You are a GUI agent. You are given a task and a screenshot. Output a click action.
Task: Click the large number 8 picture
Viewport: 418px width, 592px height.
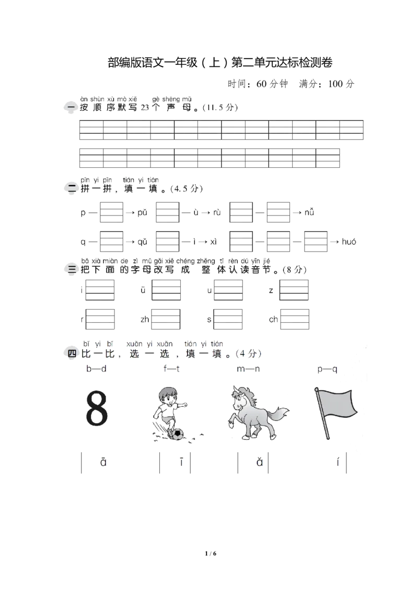(97, 408)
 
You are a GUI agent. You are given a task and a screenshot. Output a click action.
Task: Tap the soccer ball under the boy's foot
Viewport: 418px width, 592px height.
(177, 434)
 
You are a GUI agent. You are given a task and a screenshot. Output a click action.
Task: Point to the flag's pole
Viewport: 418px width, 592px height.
(322, 414)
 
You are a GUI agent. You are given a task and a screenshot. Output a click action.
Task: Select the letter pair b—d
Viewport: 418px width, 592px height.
(96, 369)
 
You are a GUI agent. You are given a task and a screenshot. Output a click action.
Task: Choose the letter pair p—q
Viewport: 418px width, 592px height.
(327, 369)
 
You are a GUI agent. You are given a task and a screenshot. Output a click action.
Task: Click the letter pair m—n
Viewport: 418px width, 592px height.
(248, 369)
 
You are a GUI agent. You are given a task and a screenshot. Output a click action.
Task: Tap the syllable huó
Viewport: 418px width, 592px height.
(349, 242)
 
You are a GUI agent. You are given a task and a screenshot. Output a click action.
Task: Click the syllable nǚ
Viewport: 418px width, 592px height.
(309, 212)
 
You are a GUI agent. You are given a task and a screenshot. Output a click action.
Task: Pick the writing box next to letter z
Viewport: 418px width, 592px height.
(294, 290)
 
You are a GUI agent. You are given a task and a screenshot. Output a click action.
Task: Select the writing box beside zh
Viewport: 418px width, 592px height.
(166, 319)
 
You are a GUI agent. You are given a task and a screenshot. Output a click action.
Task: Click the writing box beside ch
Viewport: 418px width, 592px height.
(295, 319)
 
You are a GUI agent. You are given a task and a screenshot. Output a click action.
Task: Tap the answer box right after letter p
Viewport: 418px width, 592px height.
(111, 212)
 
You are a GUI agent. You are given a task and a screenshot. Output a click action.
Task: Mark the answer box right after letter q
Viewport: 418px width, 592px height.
(111, 242)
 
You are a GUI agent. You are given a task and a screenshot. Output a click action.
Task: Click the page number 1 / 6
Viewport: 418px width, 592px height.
(211, 553)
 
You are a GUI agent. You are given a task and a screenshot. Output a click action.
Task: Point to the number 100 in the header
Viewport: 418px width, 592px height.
(335, 84)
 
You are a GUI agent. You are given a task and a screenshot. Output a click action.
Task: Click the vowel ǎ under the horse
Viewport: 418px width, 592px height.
(260, 462)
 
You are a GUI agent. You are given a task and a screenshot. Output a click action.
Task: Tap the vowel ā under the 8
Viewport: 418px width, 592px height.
(103, 462)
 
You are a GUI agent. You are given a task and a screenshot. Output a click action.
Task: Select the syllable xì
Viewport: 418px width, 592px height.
(213, 242)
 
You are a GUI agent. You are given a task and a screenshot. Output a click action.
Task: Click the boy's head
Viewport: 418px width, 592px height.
(168, 396)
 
